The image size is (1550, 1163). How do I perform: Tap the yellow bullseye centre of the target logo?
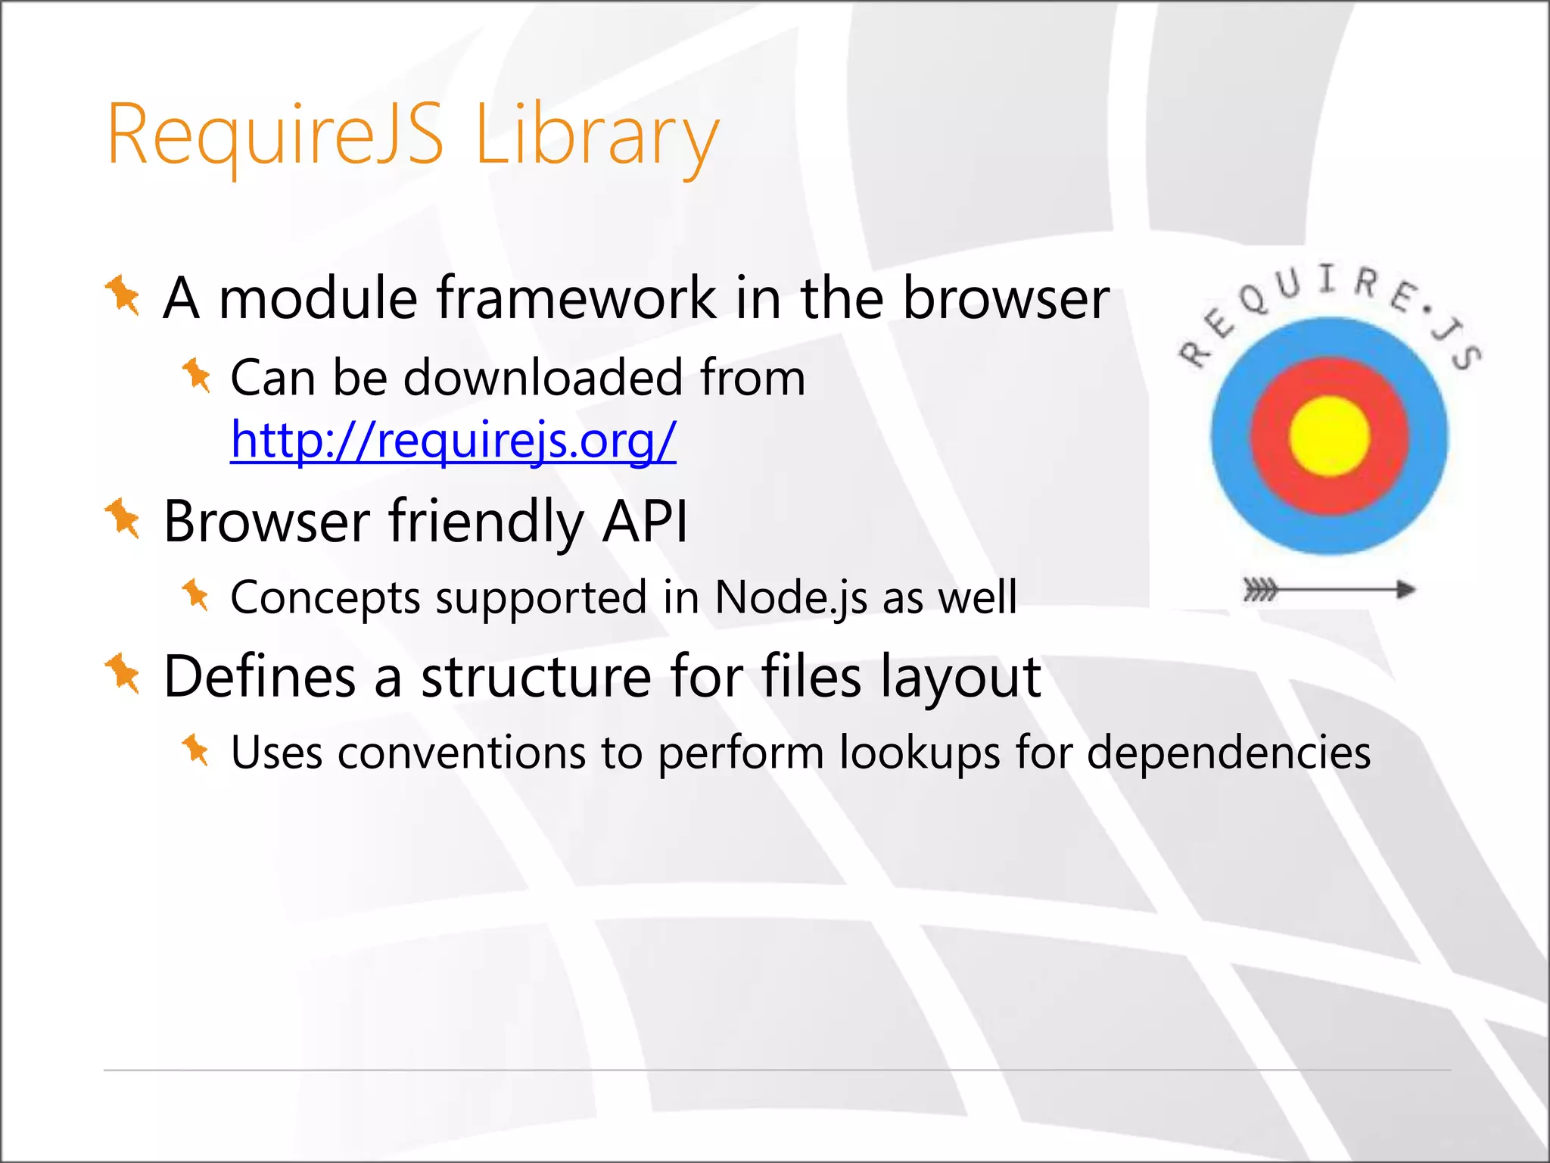point(1329,436)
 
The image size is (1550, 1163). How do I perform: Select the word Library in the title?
point(596,136)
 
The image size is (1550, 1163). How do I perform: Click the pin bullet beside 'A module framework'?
point(123,295)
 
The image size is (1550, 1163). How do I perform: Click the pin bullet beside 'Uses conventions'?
point(195,750)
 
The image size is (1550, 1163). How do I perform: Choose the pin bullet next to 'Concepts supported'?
point(195,594)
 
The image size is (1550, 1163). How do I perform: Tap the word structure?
point(536,676)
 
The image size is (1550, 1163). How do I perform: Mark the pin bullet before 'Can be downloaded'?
point(196,375)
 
